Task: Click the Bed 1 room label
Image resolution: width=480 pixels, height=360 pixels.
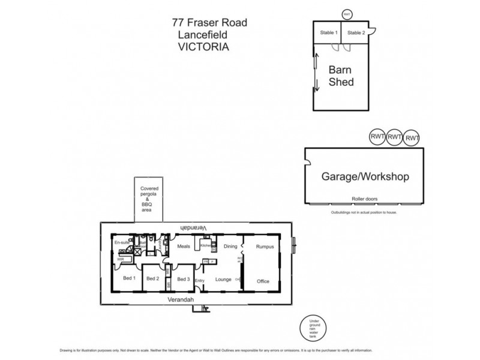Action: [129, 278]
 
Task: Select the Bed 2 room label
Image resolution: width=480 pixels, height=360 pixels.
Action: [152, 278]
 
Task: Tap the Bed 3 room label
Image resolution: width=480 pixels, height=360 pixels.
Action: [183, 279]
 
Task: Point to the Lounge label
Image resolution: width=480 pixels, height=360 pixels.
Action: [223, 279]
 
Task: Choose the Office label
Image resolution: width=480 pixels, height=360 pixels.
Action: [263, 281]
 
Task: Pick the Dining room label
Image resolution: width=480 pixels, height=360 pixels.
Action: [231, 246]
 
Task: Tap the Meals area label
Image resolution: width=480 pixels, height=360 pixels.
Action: [184, 245]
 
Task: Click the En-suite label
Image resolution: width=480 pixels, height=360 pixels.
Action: [122, 242]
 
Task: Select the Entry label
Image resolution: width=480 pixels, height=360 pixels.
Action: [200, 281]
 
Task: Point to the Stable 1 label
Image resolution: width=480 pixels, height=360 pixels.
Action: [328, 32]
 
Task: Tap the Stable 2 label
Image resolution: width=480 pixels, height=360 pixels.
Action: [356, 32]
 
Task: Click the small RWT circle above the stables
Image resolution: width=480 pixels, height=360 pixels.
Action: [346, 13]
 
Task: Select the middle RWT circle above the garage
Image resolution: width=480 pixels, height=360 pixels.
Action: [394, 137]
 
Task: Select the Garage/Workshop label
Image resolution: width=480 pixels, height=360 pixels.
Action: [365, 177]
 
